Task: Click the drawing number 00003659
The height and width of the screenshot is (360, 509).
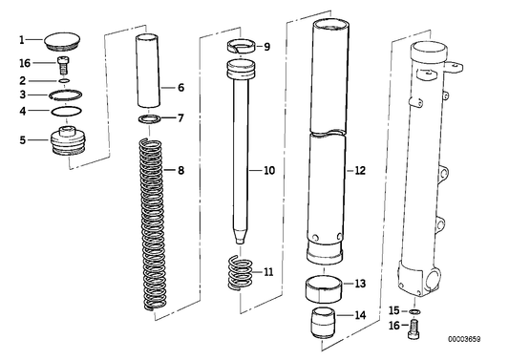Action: click(x=479, y=339)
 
